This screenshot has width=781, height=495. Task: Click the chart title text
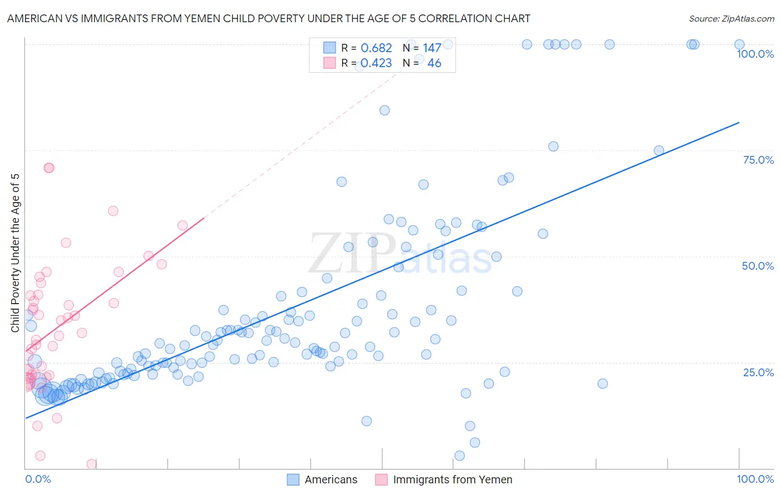point(268,18)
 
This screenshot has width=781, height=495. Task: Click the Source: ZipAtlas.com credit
point(731,18)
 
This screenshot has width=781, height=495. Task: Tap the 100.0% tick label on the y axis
point(755,54)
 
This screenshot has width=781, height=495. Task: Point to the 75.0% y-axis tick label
point(758,160)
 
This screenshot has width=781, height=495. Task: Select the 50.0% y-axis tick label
point(758,266)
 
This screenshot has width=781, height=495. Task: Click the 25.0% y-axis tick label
point(758,372)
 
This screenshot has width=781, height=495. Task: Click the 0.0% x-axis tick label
point(38,479)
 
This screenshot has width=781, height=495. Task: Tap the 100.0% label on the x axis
point(755,479)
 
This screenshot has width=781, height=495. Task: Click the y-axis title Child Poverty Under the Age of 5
point(16,253)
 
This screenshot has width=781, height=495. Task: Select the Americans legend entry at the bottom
point(331,479)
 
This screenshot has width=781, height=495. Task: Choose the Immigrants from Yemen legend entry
point(452,479)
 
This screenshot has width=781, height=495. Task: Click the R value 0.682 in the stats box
point(376,48)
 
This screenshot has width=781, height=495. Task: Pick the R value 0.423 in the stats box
point(376,63)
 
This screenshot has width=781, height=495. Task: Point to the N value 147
point(432,48)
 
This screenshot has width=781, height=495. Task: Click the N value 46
point(434,63)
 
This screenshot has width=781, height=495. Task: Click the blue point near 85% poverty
point(384,110)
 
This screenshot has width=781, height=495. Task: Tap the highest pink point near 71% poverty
point(49,168)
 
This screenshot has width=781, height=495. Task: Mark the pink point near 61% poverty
point(113,211)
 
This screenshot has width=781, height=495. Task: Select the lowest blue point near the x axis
point(459,456)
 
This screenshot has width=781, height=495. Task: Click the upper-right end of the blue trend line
point(739,123)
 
